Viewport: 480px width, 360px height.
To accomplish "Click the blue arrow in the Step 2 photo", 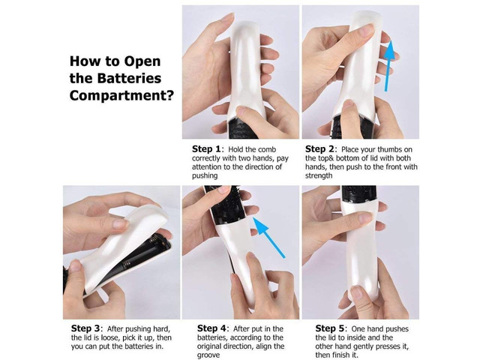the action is pos(388,66).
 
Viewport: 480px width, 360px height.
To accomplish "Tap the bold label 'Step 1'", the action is pos(206,149).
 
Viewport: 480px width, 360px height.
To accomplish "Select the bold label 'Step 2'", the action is pos(319,149).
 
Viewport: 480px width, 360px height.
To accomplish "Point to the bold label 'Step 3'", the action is pos(85,328).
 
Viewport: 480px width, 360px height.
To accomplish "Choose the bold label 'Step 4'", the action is pos(211,328).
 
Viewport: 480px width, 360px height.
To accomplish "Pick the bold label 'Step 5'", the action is pos(330,328).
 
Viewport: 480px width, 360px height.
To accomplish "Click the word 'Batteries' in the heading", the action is pos(129,78).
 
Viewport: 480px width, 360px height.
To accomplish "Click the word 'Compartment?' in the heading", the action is pos(121,96).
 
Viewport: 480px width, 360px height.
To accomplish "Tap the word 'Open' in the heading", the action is pos(142,61).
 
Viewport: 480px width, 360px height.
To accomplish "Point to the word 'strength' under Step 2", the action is pos(319,175).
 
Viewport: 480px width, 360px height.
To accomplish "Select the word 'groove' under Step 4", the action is pos(208,355).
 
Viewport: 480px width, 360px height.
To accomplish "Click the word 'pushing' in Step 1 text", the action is pos(205,176).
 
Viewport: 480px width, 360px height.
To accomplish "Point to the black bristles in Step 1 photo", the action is pos(243,127).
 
